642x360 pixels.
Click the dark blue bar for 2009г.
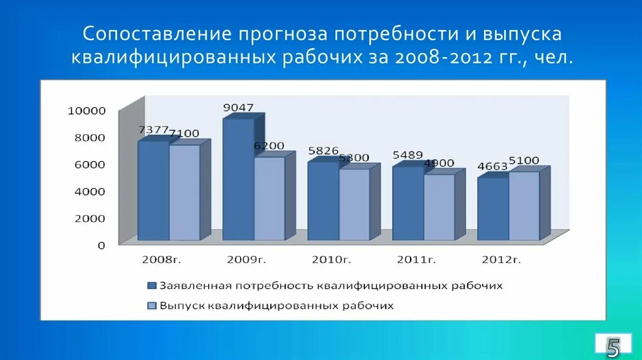click(x=238, y=179)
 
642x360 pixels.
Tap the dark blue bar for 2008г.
click(x=154, y=191)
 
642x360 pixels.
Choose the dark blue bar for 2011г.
click(x=408, y=203)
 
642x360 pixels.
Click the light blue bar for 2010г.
click(x=354, y=204)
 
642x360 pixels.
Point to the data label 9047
click(x=238, y=108)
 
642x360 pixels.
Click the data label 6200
click(x=269, y=146)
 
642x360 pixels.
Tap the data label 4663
click(x=492, y=167)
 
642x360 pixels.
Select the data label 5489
click(x=408, y=155)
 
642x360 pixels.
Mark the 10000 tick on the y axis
click(x=87, y=111)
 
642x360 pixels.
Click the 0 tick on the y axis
click(x=101, y=245)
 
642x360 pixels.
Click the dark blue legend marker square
click(x=151, y=286)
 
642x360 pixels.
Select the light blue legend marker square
click(x=151, y=306)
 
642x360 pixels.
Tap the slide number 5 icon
click(x=613, y=346)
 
